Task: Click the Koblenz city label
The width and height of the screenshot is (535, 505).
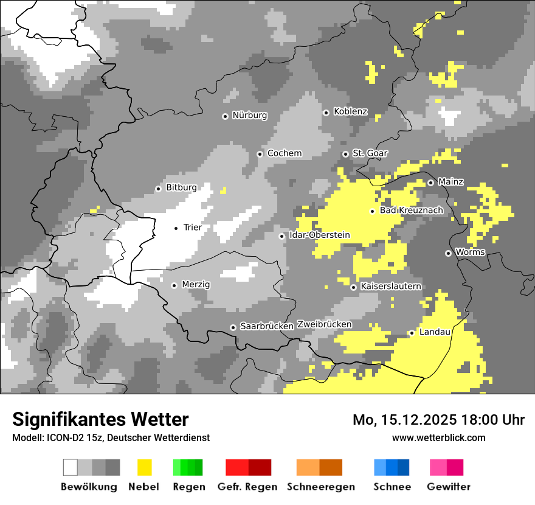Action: click(350, 111)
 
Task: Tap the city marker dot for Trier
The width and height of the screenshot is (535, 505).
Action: click(176, 228)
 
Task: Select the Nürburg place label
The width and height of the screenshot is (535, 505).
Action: click(249, 115)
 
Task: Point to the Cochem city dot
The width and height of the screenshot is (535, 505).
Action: click(260, 154)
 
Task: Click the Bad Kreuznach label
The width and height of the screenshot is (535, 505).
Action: click(411, 210)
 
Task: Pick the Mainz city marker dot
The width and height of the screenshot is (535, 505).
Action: click(430, 183)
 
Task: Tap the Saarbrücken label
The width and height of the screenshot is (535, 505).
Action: click(267, 326)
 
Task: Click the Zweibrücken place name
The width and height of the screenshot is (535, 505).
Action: click(324, 324)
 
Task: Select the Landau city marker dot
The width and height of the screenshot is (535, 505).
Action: click(412, 333)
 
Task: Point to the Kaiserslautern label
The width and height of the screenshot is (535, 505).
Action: click(390, 286)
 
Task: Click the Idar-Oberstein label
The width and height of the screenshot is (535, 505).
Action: click(319, 235)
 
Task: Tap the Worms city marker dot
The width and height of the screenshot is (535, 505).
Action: click(448, 253)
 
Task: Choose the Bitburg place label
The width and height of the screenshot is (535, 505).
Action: click(181, 187)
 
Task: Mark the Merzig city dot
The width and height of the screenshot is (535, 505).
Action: click(174, 285)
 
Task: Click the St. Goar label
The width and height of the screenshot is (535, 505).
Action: click(370, 153)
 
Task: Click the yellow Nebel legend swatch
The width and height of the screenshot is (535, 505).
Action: click(144, 467)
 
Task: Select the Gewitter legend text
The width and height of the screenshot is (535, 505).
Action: click(448, 487)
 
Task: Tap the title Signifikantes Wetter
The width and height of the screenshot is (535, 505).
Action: click(100, 419)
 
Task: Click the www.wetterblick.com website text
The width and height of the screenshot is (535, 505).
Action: click(438, 437)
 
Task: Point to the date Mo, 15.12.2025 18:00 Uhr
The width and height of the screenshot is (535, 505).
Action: click(438, 420)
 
